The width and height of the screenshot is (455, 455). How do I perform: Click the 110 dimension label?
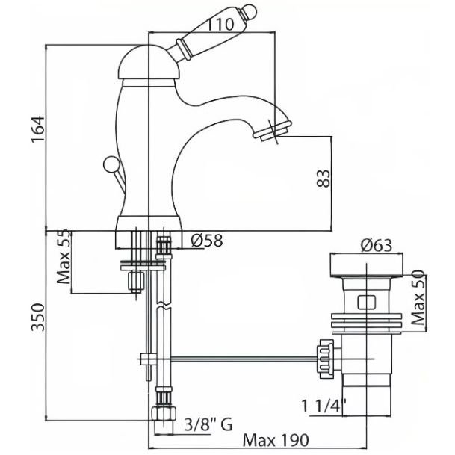pyautogui.click(x=220, y=25)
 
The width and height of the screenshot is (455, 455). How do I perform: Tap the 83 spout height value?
pyautogui.click(x=324, y=179)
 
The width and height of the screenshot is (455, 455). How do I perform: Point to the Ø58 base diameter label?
pyautogui.click(x=207, y=241)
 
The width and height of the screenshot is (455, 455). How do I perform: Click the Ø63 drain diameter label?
pyautogui.click(x=377, y=245)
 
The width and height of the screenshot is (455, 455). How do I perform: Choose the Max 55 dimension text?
pyautogui.click(x=64, y=256)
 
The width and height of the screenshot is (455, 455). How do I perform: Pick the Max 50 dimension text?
pyautogui.click(x=418, y=297)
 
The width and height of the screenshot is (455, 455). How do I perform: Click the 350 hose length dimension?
pyautogui.click(x=38, y=318)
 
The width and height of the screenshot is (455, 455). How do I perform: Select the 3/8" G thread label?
pyautogui.click(x=208, y=425)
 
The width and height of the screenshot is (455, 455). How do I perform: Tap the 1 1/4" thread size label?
pyautogui.click(x=324, y=406)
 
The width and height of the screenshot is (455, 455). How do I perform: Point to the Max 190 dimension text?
pyautogui.click(x=276, y=441)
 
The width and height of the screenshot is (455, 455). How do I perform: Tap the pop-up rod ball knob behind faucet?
pyautogui.click(x=111, y=164)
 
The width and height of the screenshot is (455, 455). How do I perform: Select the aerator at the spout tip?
pyautogui.click(x=272, y=131)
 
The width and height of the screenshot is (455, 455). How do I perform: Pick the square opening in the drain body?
pyautogui.click(x=366, y=302)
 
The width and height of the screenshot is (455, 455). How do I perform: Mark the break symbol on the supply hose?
pyautogui.click(x=163, y=306)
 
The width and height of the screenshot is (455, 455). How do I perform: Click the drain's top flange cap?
pyautogui.click(x=366, y=265)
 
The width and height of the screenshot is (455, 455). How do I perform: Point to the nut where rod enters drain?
pyautogui.click(x=326, y=359)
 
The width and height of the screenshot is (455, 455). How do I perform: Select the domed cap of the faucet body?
pyautogui.click(x=149, y=62)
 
